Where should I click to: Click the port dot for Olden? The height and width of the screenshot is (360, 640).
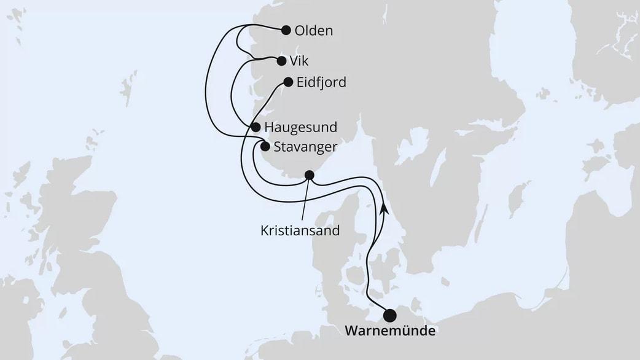(286, 29)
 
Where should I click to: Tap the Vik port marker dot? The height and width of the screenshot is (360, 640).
(281, 61)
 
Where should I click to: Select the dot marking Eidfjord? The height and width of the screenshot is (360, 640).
(287, 82)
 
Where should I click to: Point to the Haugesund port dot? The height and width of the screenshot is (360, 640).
(256, 127)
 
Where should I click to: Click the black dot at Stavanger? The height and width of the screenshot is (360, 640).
(265, 146)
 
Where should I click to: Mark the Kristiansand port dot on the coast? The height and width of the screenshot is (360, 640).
(310, 176)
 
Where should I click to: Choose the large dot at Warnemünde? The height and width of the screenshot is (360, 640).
(390, 316)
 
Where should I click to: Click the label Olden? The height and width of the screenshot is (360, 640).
(313, 30)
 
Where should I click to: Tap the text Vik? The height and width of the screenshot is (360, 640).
(300, 61)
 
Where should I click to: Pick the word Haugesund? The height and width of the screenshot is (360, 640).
(300, 128)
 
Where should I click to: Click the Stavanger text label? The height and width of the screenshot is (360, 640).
(305, 147)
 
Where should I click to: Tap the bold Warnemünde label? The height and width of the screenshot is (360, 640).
(390, 332)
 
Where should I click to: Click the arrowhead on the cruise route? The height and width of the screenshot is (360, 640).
(384, 209)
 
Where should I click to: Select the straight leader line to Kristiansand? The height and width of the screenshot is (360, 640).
(306, 200)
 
